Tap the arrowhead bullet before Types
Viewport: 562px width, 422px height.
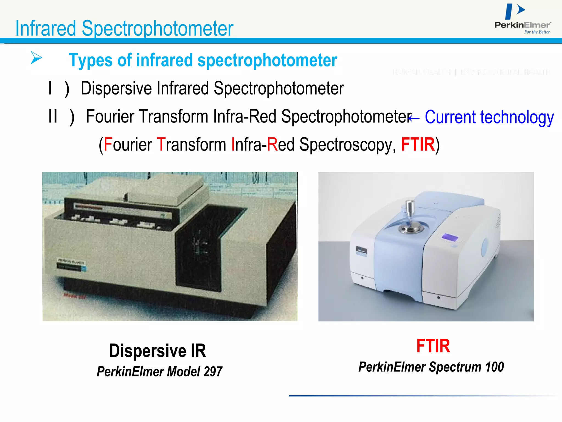[x=36, y=57]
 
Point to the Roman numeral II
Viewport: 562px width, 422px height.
[x=53, y=116]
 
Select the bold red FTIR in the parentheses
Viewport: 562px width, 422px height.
[x=418, y=145]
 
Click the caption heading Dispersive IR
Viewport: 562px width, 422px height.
[x=158, y=351]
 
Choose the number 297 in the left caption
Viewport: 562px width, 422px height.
[x=213, y=372]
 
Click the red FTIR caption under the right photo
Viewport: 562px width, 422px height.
[x=433, y=346]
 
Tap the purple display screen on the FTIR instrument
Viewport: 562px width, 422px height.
[x=450, y=237]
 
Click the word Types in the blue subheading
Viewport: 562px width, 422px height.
[x=90, y=60]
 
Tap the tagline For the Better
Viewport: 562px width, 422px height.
[x=537, y=32]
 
